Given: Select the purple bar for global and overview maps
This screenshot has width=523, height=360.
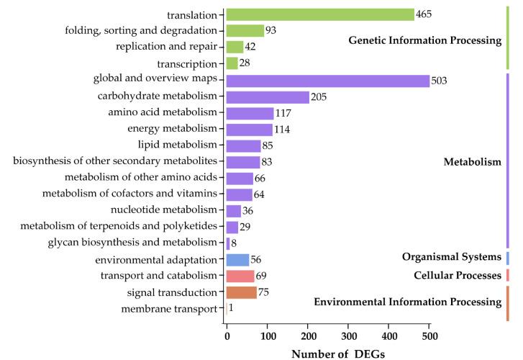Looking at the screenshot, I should [328, 81].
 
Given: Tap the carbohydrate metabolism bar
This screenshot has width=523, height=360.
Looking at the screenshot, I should [268, 97].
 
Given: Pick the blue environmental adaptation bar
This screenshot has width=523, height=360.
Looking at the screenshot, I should [237, 260].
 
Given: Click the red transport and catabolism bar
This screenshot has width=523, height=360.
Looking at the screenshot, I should [240, 276].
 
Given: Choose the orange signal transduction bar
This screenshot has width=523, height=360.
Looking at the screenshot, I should [242, 292].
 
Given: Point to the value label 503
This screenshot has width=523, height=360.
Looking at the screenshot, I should [439, 81].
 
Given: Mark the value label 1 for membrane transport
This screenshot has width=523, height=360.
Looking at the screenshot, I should [231, 308].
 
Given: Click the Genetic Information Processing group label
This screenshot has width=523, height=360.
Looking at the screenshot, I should [424, 41].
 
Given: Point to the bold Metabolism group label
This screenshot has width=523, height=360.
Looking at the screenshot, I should [472, 162].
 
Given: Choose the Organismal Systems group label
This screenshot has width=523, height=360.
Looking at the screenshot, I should [452, 257].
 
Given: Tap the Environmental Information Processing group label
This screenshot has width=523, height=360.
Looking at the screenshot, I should [407, 302].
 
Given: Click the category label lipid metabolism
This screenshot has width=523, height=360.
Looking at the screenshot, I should [180, 146].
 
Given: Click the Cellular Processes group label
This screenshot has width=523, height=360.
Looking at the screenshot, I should [457, 275].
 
